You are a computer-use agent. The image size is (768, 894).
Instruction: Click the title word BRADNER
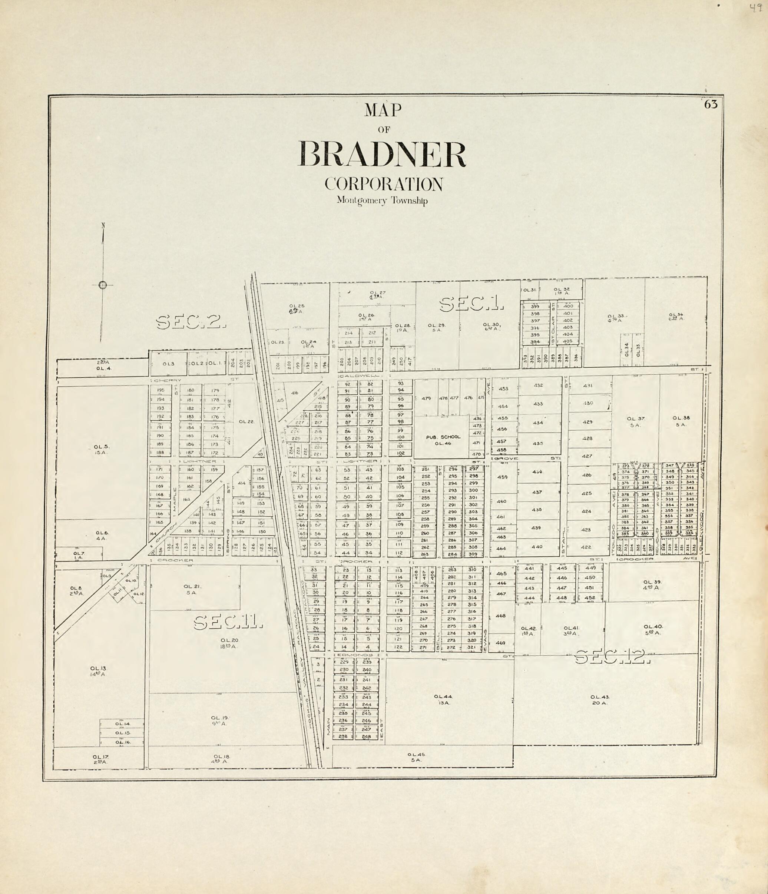click(x=382, y=155)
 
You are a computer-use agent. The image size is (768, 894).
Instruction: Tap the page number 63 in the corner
click(x=711, y=105)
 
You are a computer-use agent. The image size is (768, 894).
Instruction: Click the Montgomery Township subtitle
click(x=382, y=201)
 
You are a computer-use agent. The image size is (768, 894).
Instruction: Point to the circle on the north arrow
click(x=103, y=285)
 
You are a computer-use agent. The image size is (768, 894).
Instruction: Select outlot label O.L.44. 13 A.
click(x=444, y=699)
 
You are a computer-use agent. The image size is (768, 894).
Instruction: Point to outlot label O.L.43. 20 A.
click(x=600, y=699)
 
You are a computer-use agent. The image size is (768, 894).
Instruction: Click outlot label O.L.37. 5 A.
click(x=636, y=421)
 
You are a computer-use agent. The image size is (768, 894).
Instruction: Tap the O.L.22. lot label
click(x=247, y=421)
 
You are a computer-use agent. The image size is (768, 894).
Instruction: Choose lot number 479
click(x=426, y=398)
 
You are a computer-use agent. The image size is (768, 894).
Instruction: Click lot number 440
click(x=537, y=547)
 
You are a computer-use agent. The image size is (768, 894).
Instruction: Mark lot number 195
click(x=160, y=390)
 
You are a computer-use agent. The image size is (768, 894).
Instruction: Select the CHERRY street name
click(x=163, y=380)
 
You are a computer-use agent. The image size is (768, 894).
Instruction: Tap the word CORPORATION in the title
click(x=384, y=184)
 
